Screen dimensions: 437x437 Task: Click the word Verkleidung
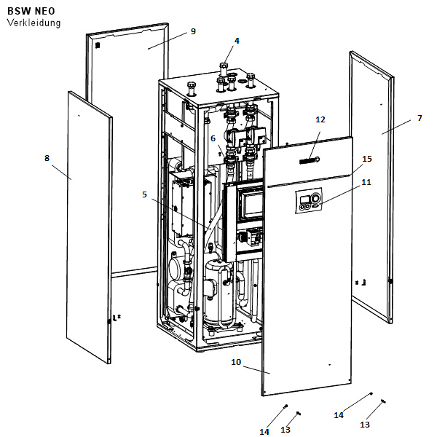point(34,23)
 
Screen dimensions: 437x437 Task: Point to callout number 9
point(193,31)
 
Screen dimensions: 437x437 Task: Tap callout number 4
point(236,41)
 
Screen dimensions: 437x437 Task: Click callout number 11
point(366,183)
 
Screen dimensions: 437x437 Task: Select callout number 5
point(144,194)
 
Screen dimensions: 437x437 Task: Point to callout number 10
point(236,361)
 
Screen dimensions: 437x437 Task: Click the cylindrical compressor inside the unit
point(217,295)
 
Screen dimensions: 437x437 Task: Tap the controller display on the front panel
point(309,201)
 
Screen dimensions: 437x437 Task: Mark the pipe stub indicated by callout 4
point(224,69)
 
